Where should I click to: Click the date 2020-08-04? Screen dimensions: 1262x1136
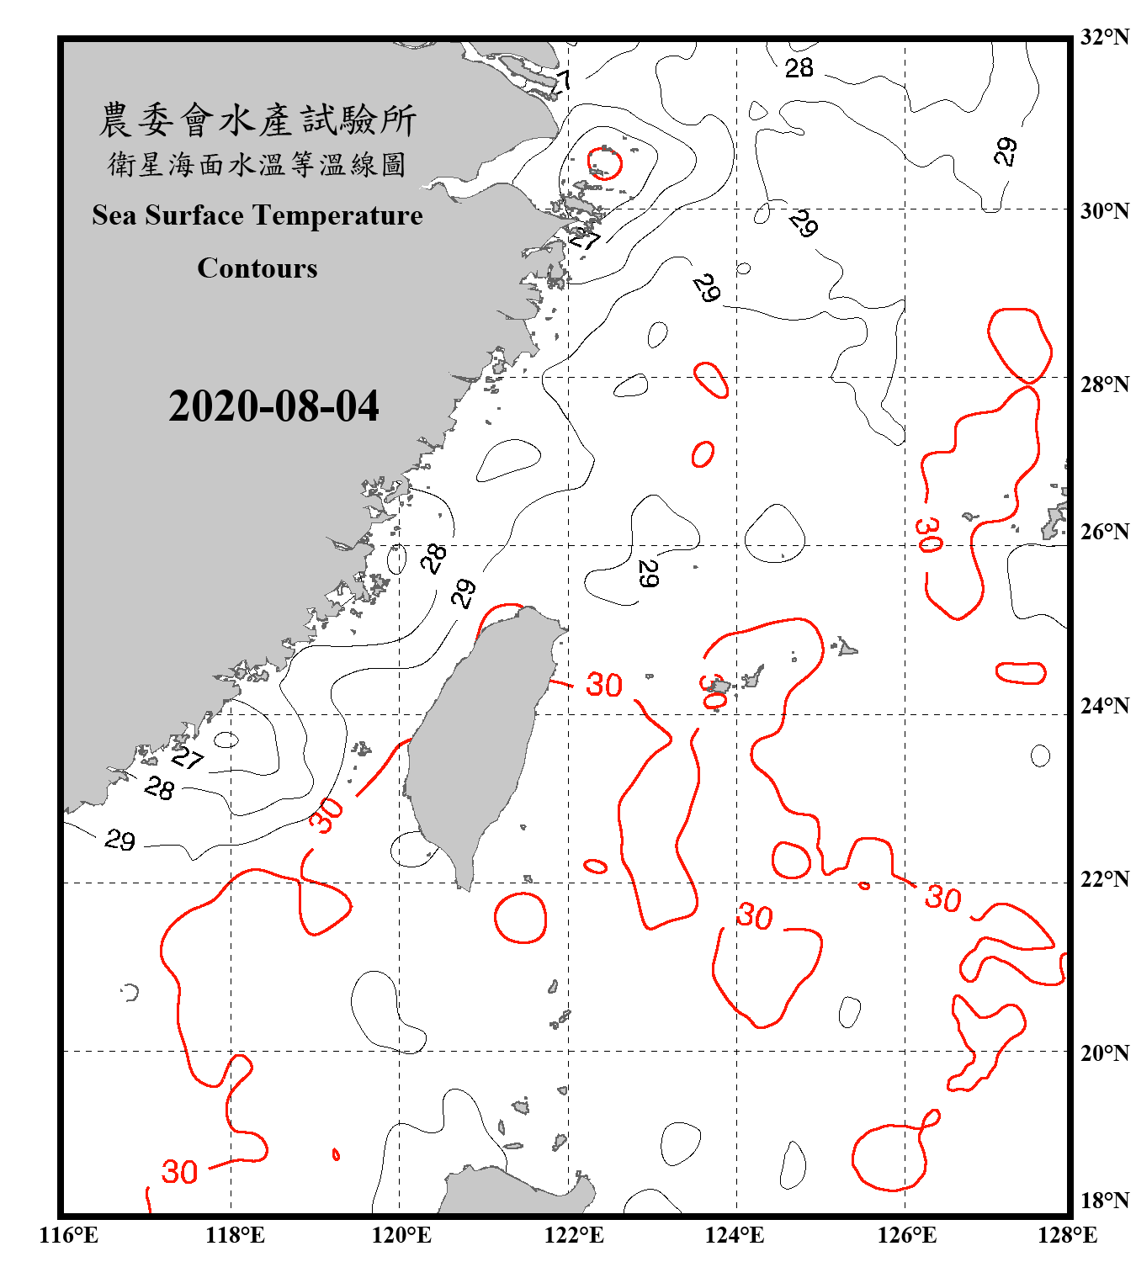273,406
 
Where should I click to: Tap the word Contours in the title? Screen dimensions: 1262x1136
257,268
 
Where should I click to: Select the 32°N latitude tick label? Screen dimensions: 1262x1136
1104,37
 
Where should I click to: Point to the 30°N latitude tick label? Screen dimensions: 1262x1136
1104,211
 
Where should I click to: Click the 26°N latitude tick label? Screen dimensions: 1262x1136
1104,532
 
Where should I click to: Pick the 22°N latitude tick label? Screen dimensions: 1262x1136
1104,879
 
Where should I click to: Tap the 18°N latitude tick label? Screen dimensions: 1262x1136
1104,1201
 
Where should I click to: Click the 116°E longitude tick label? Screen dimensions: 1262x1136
69,1235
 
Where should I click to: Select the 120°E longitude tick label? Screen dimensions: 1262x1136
401,1235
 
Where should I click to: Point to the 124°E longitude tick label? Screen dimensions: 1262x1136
735,1235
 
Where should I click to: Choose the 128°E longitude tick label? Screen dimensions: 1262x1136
1067,1235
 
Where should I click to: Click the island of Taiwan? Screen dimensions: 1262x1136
475,740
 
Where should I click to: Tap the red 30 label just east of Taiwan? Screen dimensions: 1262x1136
604,685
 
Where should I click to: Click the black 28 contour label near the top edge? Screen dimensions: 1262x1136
799,68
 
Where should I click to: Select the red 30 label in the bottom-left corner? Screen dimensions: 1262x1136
179,1172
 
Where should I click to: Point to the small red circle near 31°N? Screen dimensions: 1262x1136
604,163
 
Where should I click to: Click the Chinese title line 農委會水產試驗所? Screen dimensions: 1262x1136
257,119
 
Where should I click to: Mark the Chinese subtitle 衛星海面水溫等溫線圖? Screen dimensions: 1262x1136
257,164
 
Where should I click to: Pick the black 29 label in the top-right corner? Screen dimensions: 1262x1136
1005,151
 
